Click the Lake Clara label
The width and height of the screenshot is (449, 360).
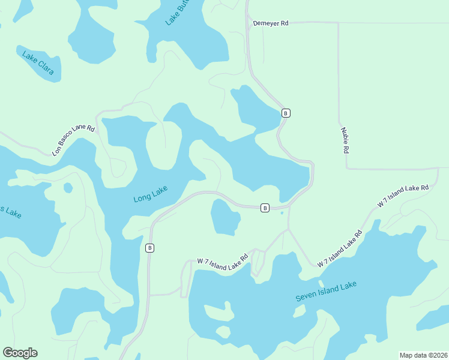click(38, 65)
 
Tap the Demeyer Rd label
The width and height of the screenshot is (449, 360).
click(271, 23)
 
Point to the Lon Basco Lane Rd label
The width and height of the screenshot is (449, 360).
click(73, 140)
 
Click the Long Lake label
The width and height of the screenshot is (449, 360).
click(150, 194)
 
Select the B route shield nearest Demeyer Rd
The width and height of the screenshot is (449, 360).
click(286, 113)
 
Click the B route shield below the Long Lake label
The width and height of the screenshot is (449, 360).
click(150, 247)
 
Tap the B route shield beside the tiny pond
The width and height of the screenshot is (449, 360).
click(265, 208)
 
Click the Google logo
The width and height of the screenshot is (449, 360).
click(20, 353)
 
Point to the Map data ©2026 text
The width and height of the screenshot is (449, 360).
click(423, 355)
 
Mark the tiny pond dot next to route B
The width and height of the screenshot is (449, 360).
click(281, 212)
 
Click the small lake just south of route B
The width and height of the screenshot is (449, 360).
click(225, 217)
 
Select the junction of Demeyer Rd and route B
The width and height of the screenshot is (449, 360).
click(247, 23)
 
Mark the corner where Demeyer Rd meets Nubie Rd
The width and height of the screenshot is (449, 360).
click(339, 23)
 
